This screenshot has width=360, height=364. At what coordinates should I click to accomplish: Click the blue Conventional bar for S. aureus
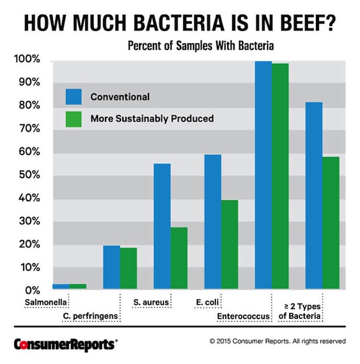(x=162, y=226)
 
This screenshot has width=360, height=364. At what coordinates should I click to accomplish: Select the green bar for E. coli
(x=230, y=244)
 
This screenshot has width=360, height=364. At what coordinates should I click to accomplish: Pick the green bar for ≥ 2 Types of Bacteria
(x=331, y=223)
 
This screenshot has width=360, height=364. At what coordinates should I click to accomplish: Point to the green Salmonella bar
(x=78, y=286)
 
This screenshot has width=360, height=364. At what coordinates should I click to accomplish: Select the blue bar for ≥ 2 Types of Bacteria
(x=314, y=196)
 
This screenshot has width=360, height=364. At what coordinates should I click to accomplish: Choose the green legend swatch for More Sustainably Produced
(x=74, y=118)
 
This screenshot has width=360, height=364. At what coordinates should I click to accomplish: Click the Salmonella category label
(x=43, y=304)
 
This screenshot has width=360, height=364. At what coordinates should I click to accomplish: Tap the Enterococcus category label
(x=243, y=317)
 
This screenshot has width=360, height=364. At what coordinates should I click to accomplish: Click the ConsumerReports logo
(x=65, y=343)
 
